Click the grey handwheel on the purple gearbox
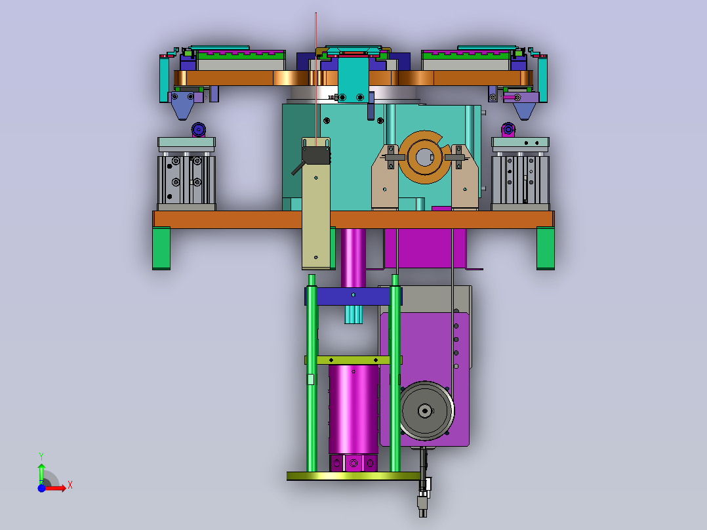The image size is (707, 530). point(426,411)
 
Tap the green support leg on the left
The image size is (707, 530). point(161,249)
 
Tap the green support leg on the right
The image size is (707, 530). point(546,249)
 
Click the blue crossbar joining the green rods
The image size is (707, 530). point(353,296)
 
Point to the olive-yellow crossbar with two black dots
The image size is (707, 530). point(353,360)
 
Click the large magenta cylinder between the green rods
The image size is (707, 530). point(353,409)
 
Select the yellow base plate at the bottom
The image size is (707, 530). point(354,476)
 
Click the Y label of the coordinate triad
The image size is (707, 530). point(41,457)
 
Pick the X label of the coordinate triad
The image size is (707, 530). point(70,485)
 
